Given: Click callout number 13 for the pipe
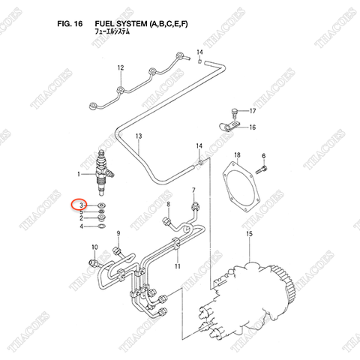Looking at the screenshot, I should point(138,136).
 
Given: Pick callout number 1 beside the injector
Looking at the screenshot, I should point(79,174).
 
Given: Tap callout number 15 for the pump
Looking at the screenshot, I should point(249,235).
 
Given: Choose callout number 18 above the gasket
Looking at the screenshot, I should point(237,155).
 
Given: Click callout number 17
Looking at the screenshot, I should point(253,111).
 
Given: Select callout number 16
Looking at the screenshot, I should point(252,127).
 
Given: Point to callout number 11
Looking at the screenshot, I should point(178,267).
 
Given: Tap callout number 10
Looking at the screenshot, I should point(94,247).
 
